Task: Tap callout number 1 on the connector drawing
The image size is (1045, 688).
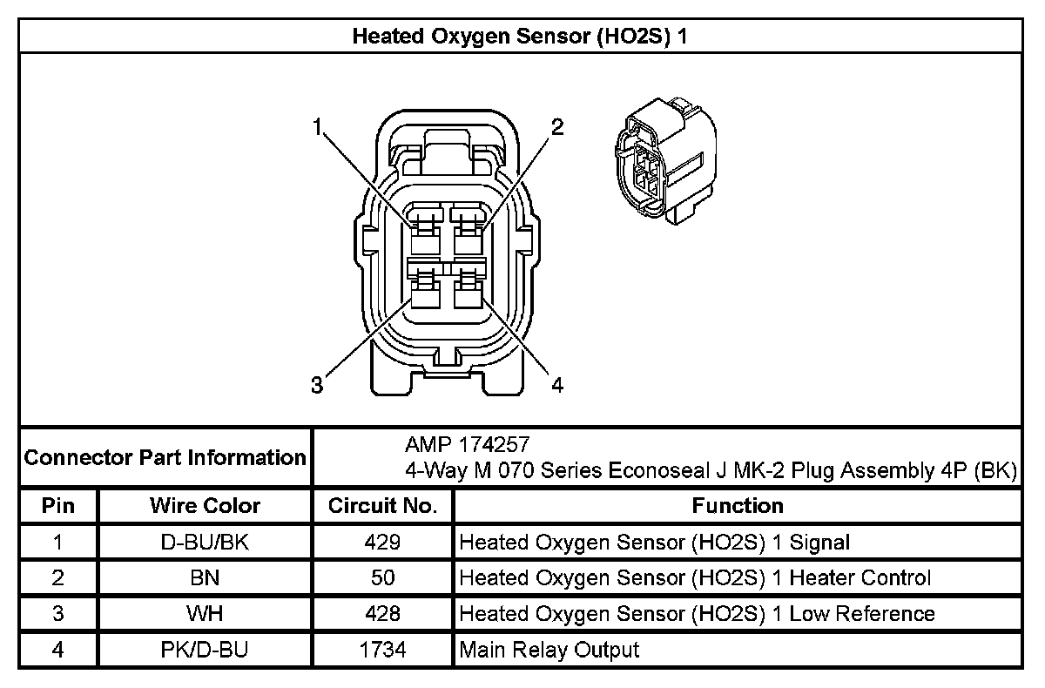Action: coord(320,127)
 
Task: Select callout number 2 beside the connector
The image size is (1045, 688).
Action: coord(557,127)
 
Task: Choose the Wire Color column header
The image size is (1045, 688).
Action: coord(205,506)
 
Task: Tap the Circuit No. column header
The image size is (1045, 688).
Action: coord(382,506)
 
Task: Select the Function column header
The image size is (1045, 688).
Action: coord(738,506)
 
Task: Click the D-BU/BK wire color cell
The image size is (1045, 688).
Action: coord(205,543)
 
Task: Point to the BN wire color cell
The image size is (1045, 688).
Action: coord(205,578)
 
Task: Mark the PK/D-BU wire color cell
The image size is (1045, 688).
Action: coord(205,650)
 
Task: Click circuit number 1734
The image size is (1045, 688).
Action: coord(382,650)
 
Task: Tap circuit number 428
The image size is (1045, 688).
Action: coord(382,614)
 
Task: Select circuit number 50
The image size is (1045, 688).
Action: coord(382,578)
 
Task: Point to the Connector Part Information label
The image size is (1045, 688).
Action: coord(165,457)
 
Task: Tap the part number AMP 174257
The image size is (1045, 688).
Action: coord(467,444)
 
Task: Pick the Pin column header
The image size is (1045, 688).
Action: coord(58,506)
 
